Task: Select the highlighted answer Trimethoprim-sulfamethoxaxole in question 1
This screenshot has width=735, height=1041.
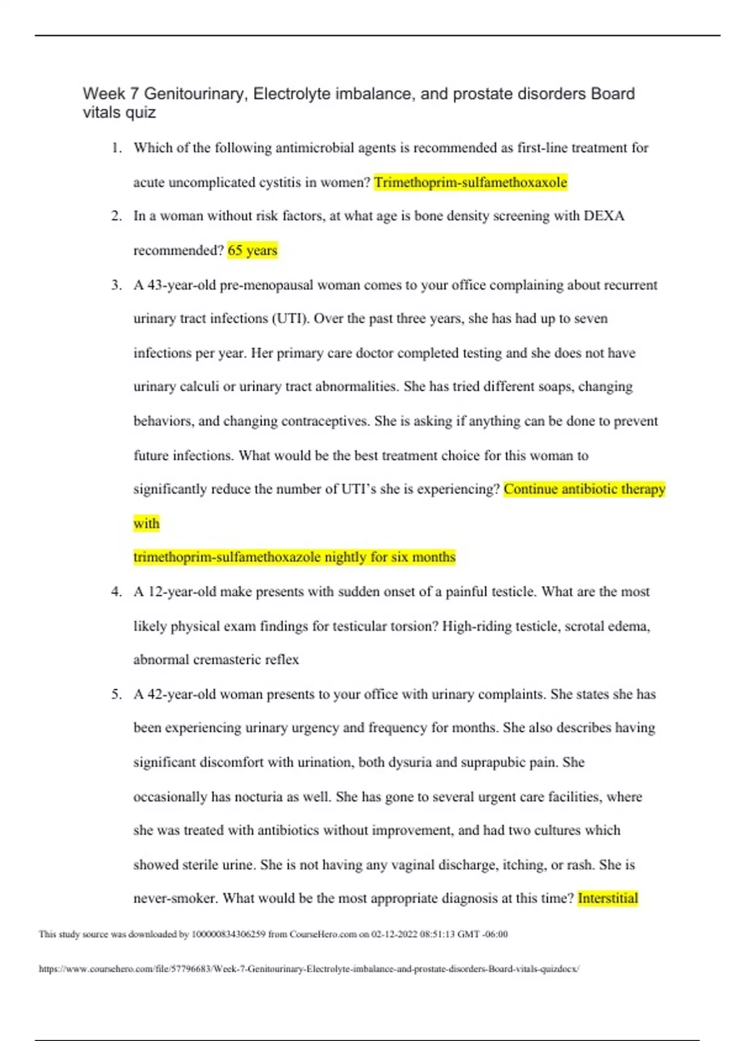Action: tap(470, 182)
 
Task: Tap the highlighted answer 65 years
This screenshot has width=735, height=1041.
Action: tap(252, 250)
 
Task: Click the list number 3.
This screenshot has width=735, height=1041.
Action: tap(116, 285)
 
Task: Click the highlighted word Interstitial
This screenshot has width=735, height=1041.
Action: tap(608, 898)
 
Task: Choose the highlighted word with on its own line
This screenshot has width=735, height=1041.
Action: tap(146, 524)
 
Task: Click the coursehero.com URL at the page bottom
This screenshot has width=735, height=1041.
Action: tap(309, 969)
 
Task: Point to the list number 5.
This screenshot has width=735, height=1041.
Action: tap(116, 694)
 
